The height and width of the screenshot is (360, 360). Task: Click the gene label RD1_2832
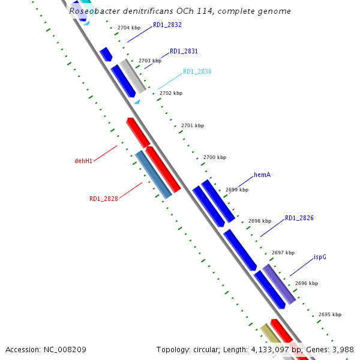click(167, 25)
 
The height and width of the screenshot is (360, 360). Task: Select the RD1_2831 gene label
click(184, 52)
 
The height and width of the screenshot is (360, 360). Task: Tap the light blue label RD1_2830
click(197, 72)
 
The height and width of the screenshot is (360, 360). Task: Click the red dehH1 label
click(83, 161)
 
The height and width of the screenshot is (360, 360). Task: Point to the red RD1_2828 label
click(103, 199)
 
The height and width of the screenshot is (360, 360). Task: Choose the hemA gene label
click(262, 175)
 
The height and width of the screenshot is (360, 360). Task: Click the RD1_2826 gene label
click(299, 218)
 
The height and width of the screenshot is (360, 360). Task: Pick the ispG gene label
click(320, 257)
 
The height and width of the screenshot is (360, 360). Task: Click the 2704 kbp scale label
click(129, 28)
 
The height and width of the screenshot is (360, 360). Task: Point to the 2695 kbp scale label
click(330, 314)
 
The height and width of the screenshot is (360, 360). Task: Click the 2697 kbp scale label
click(283, 253)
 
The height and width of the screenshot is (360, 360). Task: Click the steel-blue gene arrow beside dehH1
click(154, 175)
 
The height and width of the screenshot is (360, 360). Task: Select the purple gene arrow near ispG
click(279, 284)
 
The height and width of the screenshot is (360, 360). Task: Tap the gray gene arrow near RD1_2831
click(133, 76)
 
